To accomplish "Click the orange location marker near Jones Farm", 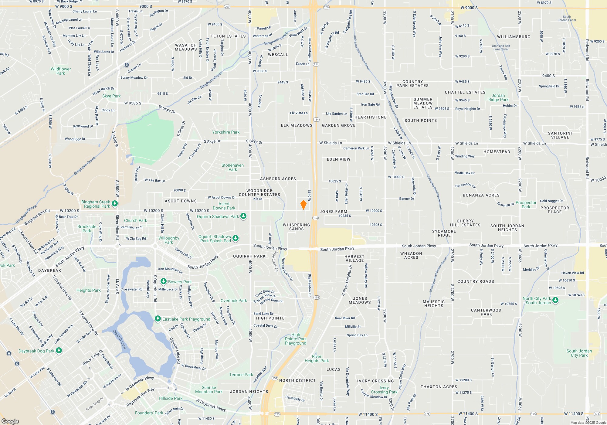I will click(x=303, y=205).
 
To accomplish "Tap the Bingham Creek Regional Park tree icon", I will click(x=115, y=203).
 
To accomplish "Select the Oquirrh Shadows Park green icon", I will click(x=243, y=216).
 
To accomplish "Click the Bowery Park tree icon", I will click(x=164, y=281).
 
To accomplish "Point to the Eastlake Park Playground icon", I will click(x=158, y=318).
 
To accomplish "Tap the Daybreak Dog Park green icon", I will click(x=59, y=350).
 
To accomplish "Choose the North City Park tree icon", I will click(x=555, y=300).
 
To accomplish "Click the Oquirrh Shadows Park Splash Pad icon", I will click(x=236, y=238).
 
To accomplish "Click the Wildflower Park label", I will click(x=61, y=71).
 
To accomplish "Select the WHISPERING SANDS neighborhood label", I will click(x=296, y=227).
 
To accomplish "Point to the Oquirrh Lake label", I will click(x=120, y=339).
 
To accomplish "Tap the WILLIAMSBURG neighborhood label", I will click(x=514, y=37).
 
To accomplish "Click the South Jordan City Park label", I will click(x=579, y=353).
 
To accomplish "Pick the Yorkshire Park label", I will click(x=226, y=132).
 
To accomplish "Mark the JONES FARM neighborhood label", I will click(x=333, y=212).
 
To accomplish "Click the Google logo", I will click(x=10, y=421).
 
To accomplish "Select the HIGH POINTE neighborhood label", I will click(x=270, y=318).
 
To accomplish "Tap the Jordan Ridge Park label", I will click(x=498, y=97).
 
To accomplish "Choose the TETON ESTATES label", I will click(x=228, y=36).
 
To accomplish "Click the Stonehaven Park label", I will click(x=232, y=167).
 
